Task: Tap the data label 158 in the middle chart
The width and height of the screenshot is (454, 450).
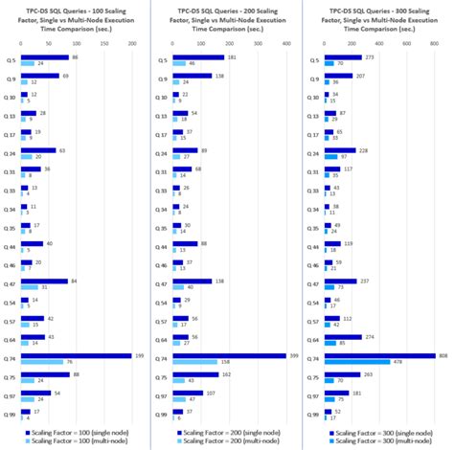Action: click(225, 361)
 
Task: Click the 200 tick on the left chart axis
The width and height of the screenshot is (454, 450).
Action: click(130, 43)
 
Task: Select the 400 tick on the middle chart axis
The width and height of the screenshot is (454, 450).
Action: click(284, 43)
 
